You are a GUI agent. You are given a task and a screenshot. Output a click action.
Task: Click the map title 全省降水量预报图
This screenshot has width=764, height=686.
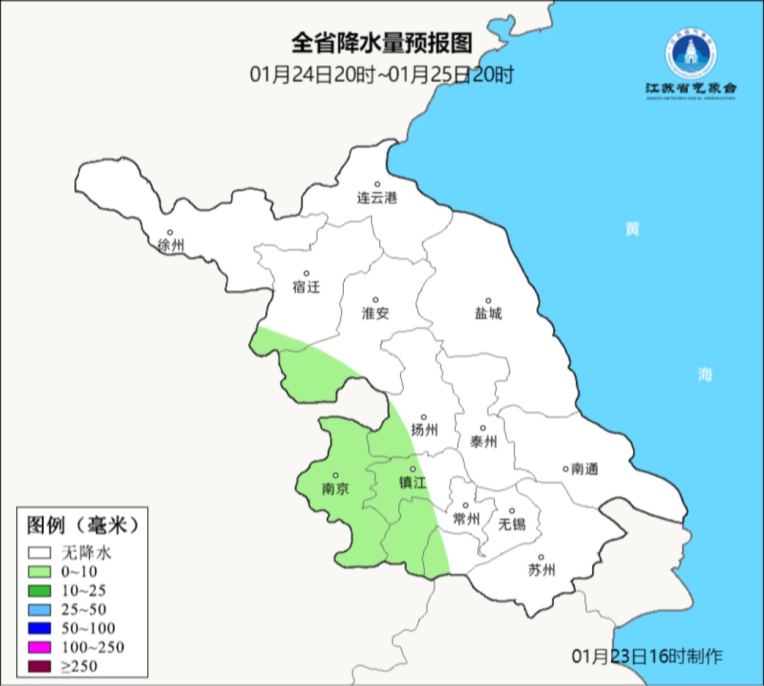(x=381, y=44)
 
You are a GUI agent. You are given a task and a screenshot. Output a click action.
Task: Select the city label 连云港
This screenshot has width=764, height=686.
(x=377, y=198)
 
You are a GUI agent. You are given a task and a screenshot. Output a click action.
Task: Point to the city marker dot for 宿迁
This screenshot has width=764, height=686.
(x=306, y=273)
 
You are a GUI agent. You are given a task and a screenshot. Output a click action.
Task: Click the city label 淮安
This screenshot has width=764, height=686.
(x=376, y=314)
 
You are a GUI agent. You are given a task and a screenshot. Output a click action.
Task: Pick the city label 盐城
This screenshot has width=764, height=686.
(x=487, y=314)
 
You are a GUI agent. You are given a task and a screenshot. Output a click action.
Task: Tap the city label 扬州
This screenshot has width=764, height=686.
(x=424, y=430)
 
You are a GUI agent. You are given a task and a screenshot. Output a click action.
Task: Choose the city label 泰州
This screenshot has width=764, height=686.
(x=483, y=442)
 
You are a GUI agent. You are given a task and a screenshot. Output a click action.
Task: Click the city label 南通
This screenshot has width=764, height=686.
(x=585, y=469)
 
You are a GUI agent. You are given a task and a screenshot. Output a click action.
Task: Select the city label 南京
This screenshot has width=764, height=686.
(x=335, y=488)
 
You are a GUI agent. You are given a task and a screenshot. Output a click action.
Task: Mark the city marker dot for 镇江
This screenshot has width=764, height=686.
(x=413, y=469)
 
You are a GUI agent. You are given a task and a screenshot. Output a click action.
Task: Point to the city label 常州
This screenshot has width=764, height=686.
(x=466, y=519)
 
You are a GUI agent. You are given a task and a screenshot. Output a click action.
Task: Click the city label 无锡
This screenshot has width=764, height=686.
(x=512, y=524)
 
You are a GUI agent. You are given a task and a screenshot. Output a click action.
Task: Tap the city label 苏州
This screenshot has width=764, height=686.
(x=541, y=570)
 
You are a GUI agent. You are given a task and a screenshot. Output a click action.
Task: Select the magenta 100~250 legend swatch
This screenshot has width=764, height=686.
(x=40, y=646)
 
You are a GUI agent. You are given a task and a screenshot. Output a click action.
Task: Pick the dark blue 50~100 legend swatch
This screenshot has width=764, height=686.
(x=40, y=628)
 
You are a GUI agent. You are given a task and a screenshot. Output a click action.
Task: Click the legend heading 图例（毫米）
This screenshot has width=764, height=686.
(x=81, y=525)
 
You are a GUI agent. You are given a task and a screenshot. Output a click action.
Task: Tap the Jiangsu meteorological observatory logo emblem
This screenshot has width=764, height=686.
(x=690, y=55)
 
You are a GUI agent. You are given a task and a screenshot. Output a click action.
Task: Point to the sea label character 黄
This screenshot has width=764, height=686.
(x=632, y=229)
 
